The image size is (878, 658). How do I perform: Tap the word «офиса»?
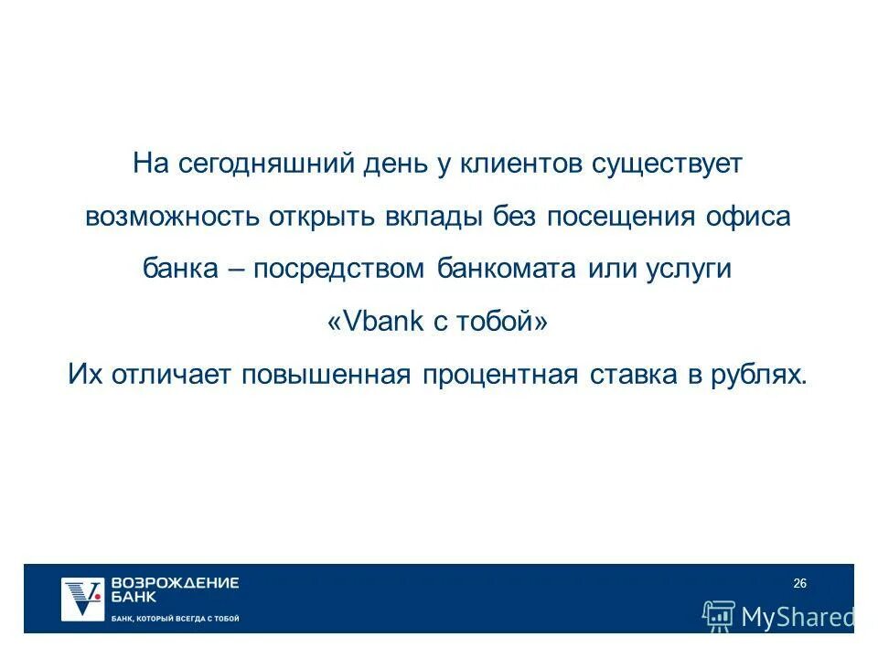[751, 218]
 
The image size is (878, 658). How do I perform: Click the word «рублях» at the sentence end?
[761, 376]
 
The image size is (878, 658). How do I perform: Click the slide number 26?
[799, 584]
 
